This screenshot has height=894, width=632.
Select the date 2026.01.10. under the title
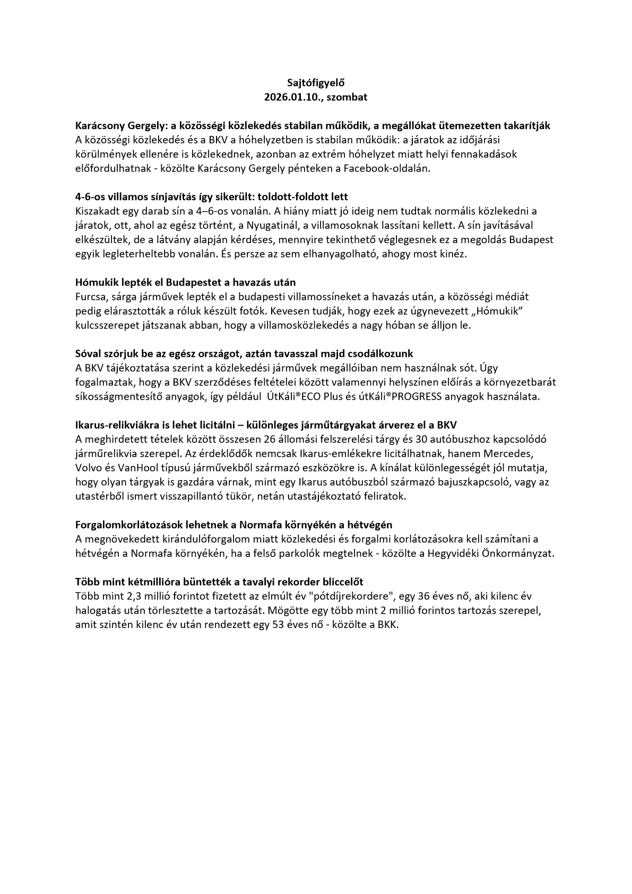(291, 97)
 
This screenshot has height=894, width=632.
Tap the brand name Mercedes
(514, 453)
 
